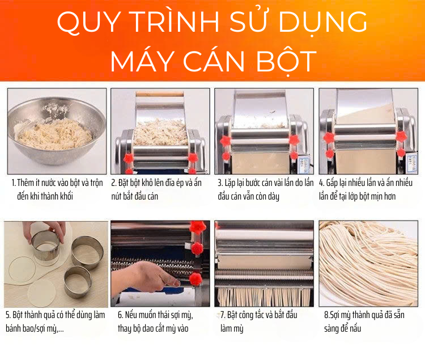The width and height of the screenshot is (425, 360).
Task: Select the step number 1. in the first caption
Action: [x=14, y=183]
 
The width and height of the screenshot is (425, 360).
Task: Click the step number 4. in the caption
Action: [x=321, y=183]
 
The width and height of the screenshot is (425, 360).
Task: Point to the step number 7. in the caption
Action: [x=223, y=315]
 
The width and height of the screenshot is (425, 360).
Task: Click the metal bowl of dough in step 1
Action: [x=56, y=130]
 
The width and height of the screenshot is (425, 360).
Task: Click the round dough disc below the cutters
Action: [x=41, y=294]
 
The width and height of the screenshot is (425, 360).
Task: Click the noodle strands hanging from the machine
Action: [x=264, y=297]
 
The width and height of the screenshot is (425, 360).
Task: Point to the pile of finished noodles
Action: [x=368, y=264]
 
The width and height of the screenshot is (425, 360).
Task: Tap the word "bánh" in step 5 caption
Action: [x=14, y=328]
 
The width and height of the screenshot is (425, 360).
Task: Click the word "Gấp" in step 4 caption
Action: [x=331, y=183]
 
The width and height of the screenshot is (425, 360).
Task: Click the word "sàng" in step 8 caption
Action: [x=331, y=329]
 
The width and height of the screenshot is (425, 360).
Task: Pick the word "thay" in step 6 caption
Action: [x=125, y=329]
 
